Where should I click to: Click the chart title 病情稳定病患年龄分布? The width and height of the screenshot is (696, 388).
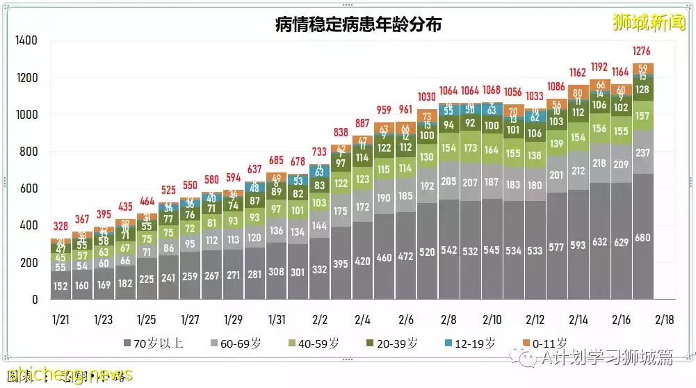pyautogui.click(x=358, y=26)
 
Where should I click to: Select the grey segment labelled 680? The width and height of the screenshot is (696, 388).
pyautogui.click(x=643, y=238)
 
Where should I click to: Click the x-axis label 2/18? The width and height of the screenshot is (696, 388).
pyautogui.click(x=664, y=320)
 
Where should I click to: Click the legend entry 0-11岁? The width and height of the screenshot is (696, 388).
pyautogui.click(x=546, y=343)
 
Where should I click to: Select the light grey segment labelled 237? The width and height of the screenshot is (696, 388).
pyautogui.click(x=643, y=153)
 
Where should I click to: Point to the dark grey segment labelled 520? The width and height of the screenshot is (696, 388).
pyautogui.click(x=426, y=252)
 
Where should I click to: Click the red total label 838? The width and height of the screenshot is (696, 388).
pyautogui.click(x=340, y=133)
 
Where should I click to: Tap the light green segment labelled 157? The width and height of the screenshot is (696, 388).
pyautogui.click(x=643, y=115)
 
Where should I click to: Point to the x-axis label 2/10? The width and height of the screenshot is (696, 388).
pyautogui.click(x=492, y=320)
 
